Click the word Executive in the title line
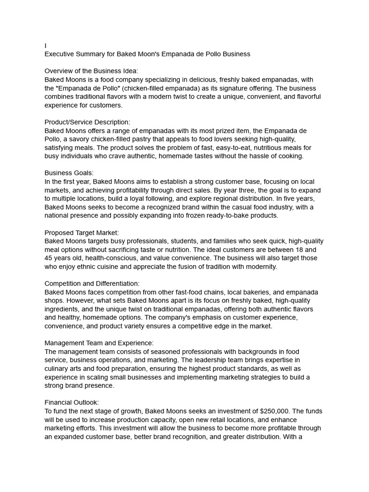click(x=60, y=54)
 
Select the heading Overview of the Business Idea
click(x=91, y=71)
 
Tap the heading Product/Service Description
click(x=87, y=122)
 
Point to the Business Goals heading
click(x=69, y=173)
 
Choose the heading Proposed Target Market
click(x=82, y=233)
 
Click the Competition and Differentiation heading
click(x=92, y=283)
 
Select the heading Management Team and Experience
click(x=99, y=343)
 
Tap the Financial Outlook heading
click(x=72, y=402)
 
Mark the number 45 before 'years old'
click(x=49, y=258)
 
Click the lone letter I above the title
click(x=46, y=46)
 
